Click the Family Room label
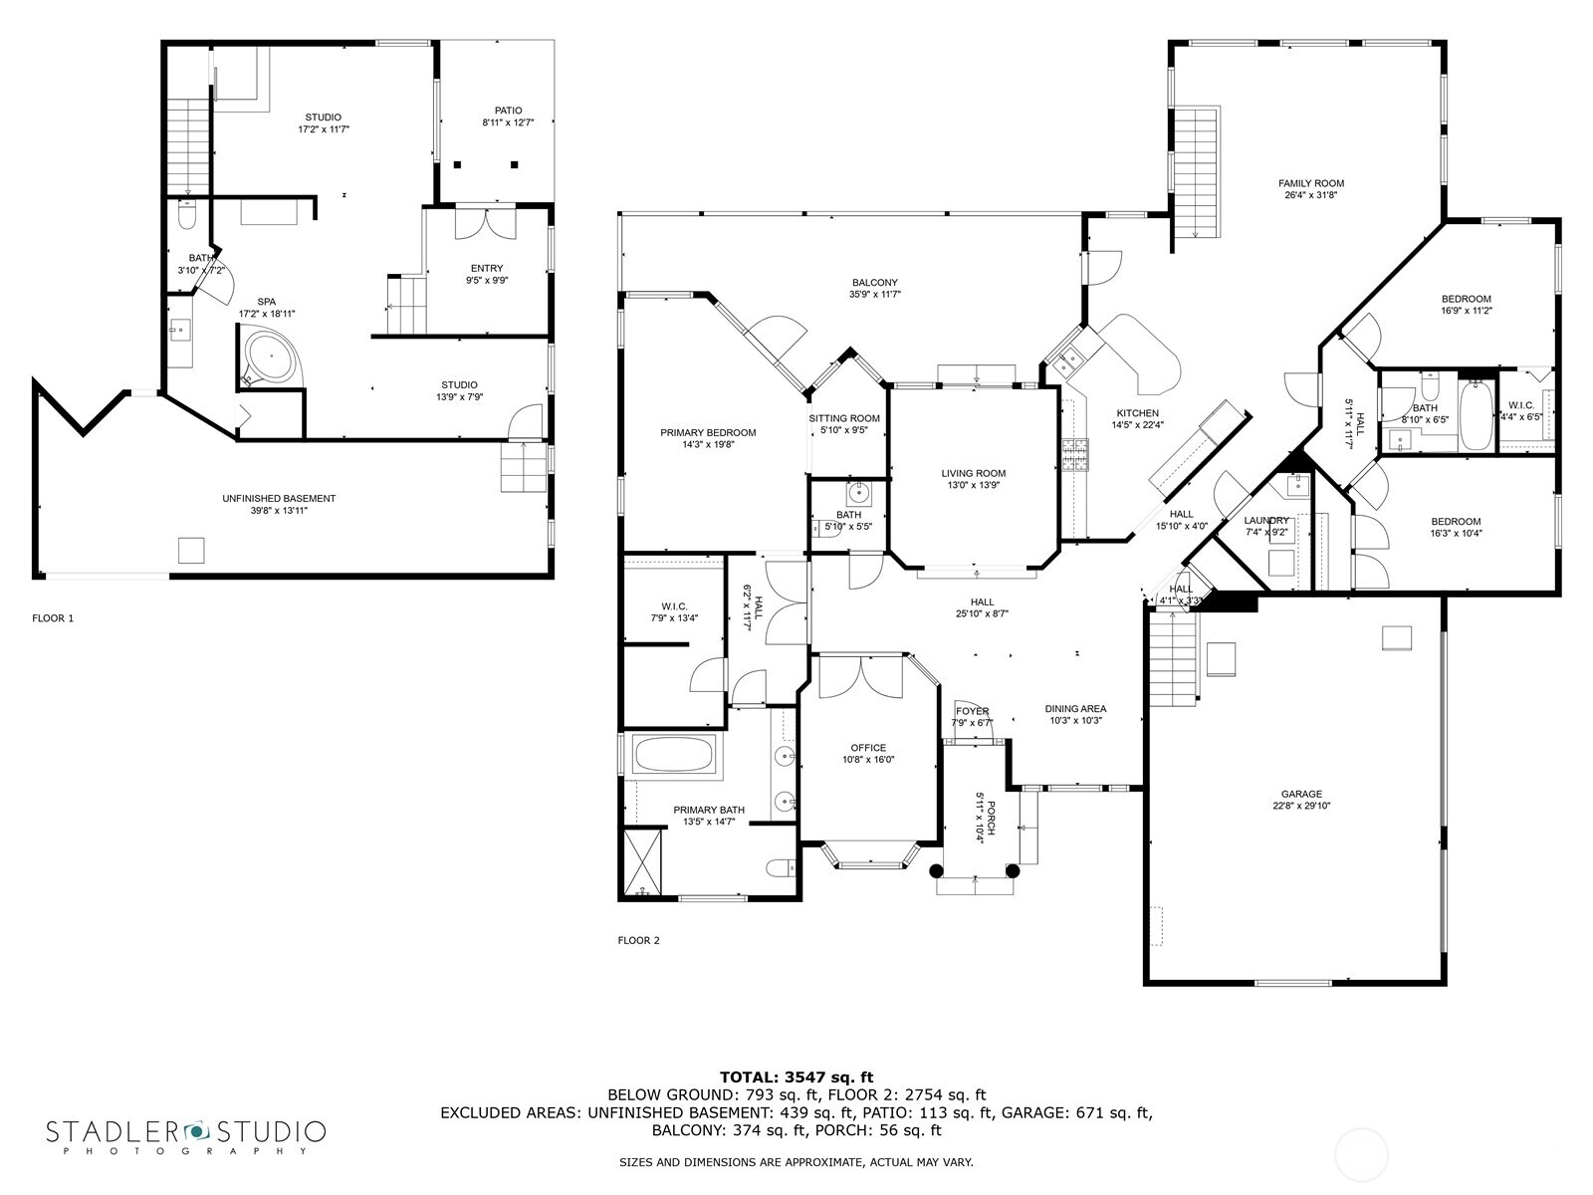pos(1311,183)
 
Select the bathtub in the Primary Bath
pos(674,754)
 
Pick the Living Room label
pos(974,474)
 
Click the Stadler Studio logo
pos(186,1135)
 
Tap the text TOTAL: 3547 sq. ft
pos(796,1076)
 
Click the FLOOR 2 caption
pos(638,940)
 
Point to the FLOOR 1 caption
pos(53,618)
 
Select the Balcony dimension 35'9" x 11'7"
pos(875,295)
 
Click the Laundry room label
pos(1266,520)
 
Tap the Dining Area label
pos(1075,709)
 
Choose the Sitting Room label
pos(844,418)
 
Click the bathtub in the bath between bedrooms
pos(1474,416)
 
